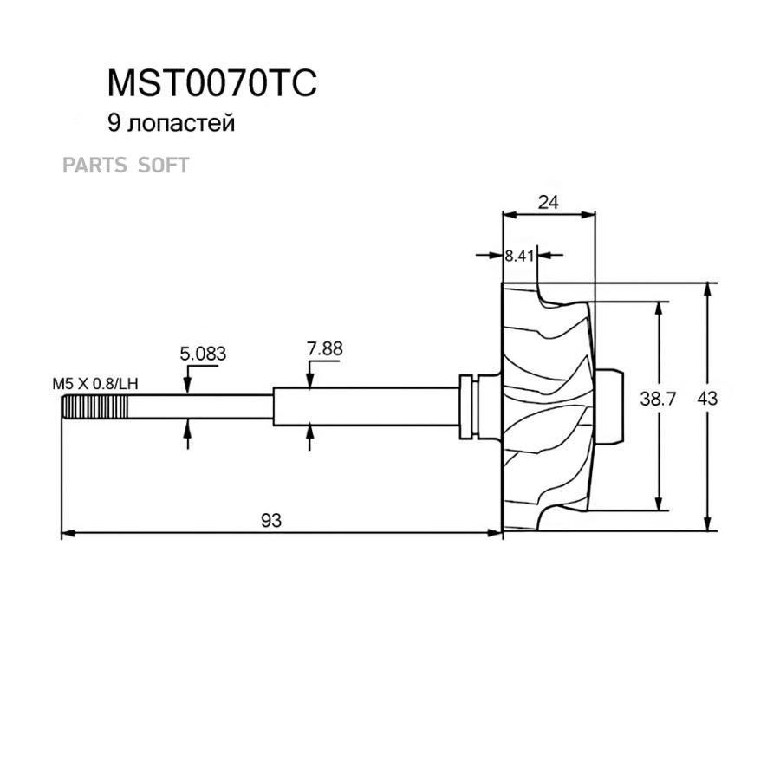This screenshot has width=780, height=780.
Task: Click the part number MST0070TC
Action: point(212,83)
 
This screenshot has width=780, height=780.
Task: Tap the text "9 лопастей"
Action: point(171,124)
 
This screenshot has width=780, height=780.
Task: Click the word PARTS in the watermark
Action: point(95,165)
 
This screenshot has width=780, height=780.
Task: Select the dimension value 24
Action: point(548,203)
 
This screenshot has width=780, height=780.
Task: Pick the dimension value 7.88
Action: point(325,349)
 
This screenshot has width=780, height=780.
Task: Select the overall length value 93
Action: point(271,520)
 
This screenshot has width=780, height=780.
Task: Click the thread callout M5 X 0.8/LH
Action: point(94,382)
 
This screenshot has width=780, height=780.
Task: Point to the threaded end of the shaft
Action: point(94,406)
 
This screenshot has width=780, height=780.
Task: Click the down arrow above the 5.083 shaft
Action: point(188,387)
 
